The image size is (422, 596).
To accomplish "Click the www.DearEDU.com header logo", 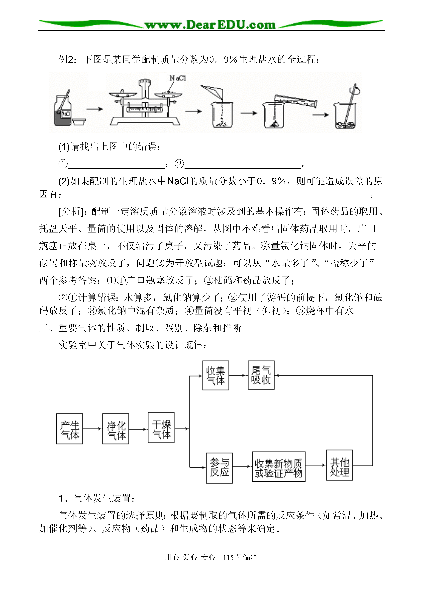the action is (x=210, y=25).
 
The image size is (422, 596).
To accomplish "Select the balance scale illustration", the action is (x=145, y=103).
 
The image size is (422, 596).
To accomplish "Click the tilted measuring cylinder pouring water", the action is (x=296, y=101).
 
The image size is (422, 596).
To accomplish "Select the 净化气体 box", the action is (x=116, y=429).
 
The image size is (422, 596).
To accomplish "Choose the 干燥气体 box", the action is (x=161, y=427).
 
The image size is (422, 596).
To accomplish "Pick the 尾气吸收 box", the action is (x=261, y=375).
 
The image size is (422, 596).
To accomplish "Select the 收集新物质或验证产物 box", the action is (x=279, y=467).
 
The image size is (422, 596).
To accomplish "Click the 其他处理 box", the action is (x=339, y=465).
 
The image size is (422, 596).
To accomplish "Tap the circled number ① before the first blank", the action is (x=63, y=164).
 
